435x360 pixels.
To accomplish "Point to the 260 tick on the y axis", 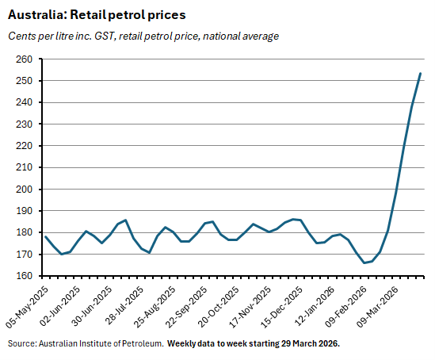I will point(23,59).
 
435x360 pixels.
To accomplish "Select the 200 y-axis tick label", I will point(23,190).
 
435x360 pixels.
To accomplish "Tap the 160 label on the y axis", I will point(23,276).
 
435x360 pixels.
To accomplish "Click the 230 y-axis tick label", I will point(23,124).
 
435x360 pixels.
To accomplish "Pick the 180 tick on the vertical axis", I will point(23,233).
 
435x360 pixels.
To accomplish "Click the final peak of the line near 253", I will point(420,74).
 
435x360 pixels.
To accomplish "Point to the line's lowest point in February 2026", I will point(364,262).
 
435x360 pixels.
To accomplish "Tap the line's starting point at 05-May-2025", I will point(45,236).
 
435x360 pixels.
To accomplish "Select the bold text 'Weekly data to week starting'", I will point(223,343).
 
